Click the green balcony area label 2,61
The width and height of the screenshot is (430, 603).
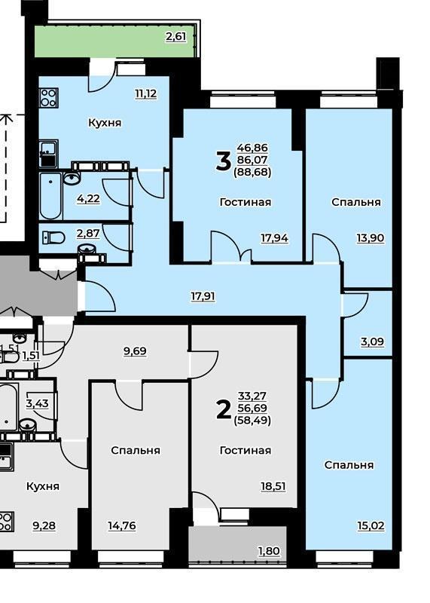(175, 36)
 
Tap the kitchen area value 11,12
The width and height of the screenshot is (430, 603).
(145, 93)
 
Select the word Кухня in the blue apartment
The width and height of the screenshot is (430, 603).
(105, 123)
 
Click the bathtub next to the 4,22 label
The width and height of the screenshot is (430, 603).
(50, 196)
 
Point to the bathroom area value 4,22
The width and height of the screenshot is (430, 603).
(88, 198)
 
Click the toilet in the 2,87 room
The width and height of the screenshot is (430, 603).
(53, 237)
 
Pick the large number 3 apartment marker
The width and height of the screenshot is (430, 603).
(223, 161)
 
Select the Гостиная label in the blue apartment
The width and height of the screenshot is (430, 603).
(245, 202)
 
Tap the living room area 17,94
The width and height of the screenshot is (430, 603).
(274, 238)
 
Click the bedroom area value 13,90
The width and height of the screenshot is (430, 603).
(371, 237)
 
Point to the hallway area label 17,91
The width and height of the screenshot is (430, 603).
(203, 296)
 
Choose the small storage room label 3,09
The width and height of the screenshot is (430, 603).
(372, 341)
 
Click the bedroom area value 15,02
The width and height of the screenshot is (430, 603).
(371, 525)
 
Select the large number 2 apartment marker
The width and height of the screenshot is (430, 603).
(224, 409)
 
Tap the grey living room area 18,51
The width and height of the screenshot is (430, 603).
(273, 486)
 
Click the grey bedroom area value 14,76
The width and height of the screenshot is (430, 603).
(122, 525)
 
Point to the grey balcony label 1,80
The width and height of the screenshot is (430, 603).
(269, 551)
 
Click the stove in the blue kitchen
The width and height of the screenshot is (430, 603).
(49, 98)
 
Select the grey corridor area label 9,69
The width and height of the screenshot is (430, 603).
(135, 351)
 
